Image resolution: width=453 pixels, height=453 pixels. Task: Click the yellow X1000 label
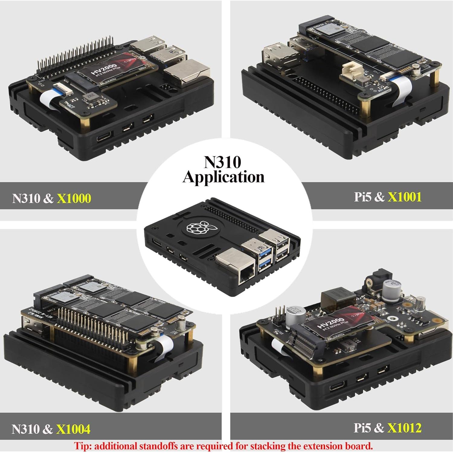(x=74, y=198)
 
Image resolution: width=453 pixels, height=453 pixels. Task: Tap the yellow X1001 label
(x=404, y=197)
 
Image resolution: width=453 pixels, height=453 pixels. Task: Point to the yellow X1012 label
(x=404, y=428)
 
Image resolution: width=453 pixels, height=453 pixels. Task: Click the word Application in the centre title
(x=223, y=177)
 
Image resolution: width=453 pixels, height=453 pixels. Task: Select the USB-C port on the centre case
(x=157, y=242)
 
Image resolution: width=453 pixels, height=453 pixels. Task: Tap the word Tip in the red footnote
(x=82, y=446)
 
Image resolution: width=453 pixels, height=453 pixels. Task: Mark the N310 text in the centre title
(x=223, y=162)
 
